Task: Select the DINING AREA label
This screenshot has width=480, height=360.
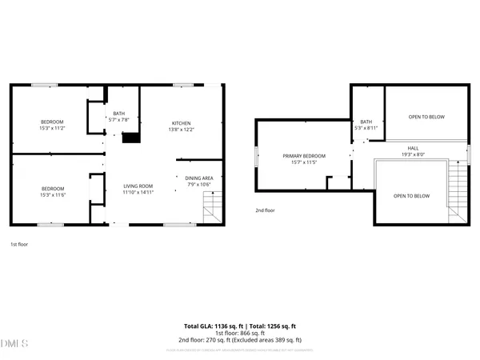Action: pos(198,178)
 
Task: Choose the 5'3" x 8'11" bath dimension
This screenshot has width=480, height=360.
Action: pos(366,128)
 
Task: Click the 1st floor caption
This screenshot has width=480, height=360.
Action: pos(19,243)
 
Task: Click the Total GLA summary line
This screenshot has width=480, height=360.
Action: pos(240,327)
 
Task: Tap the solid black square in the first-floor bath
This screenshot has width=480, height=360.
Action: pos(130,138)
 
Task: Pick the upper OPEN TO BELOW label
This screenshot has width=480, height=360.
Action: pos(426,118)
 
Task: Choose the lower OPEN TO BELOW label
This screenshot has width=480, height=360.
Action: pos(411,196)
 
